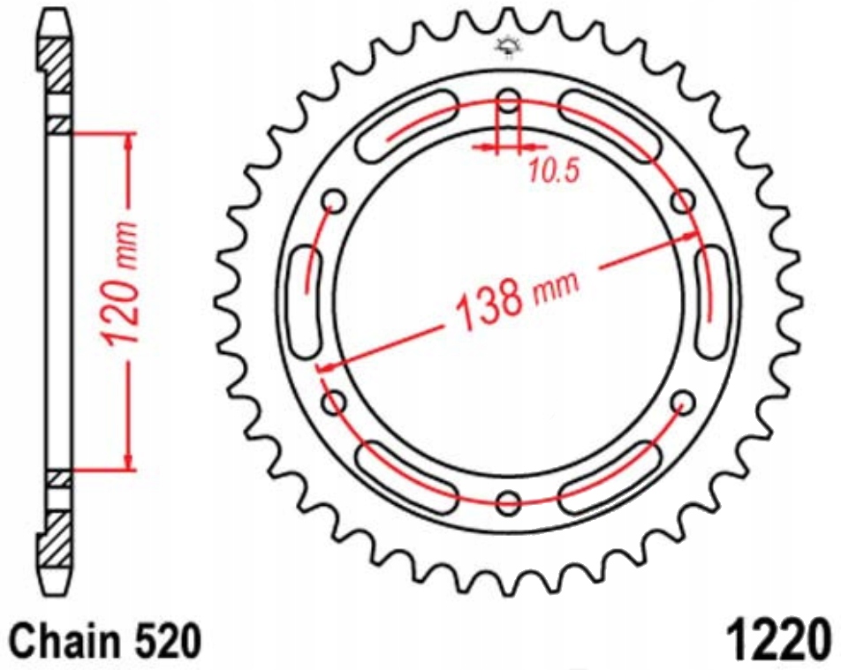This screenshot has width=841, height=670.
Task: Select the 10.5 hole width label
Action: [x=553, y=169]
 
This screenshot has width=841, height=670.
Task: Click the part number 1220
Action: [x=777, y=637]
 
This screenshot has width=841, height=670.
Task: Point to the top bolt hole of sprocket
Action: [x=509, y=99]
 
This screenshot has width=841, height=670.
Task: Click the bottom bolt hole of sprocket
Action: [x=509, y=503]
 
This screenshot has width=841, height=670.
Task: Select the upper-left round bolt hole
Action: [x=335, y=202]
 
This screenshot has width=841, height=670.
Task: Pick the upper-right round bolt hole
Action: [x=683, y=202]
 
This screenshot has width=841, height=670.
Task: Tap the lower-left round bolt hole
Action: [x=335, y=403]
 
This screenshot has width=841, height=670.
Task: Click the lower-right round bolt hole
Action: [x=683, y=403]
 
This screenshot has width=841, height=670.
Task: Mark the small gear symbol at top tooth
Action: [x=509, y=49]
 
